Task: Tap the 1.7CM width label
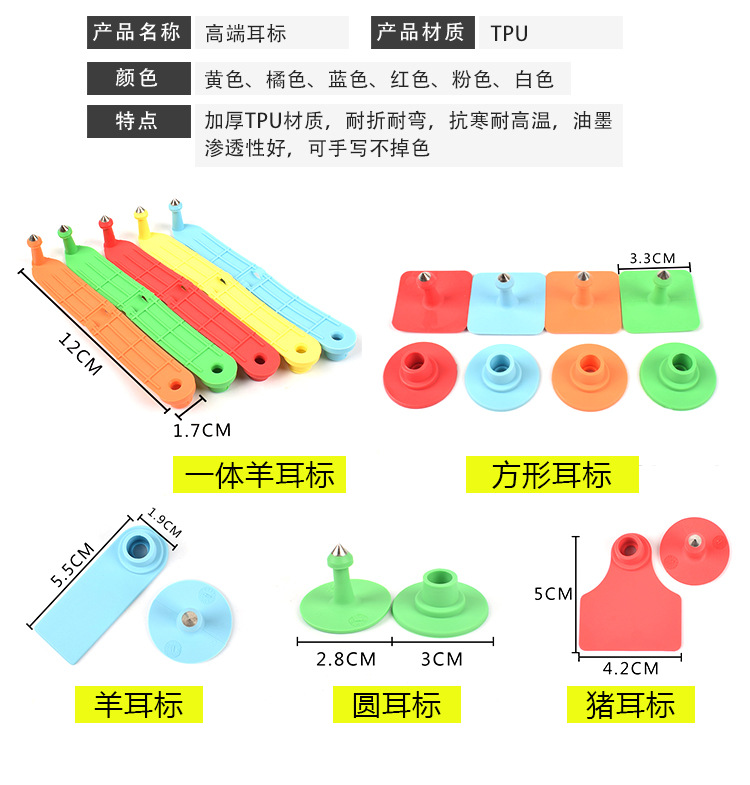201,431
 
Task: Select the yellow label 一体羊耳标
259,474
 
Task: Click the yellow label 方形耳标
552,474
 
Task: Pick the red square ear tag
431,300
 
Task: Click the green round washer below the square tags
677,377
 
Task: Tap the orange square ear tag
581,300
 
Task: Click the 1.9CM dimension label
164,524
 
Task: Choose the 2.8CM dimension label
346,659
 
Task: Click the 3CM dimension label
441,659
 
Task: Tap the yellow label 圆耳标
396,704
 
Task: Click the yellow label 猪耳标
630,704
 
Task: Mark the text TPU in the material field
509,33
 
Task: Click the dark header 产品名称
137,32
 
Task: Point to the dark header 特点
137,121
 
